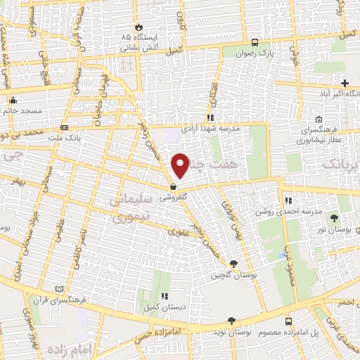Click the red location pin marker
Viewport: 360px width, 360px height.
pyautogui.click(x=181, y=165)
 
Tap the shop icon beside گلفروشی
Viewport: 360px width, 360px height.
pyautogui.click(x=173, y=187)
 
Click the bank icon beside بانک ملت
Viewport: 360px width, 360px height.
pyautogui.click(x=64, y=128)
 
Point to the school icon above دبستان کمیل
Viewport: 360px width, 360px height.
pyautogui.click(x=165, y=296)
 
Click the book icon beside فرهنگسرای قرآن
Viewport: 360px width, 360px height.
pyautogui.click(x=59, y=288)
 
